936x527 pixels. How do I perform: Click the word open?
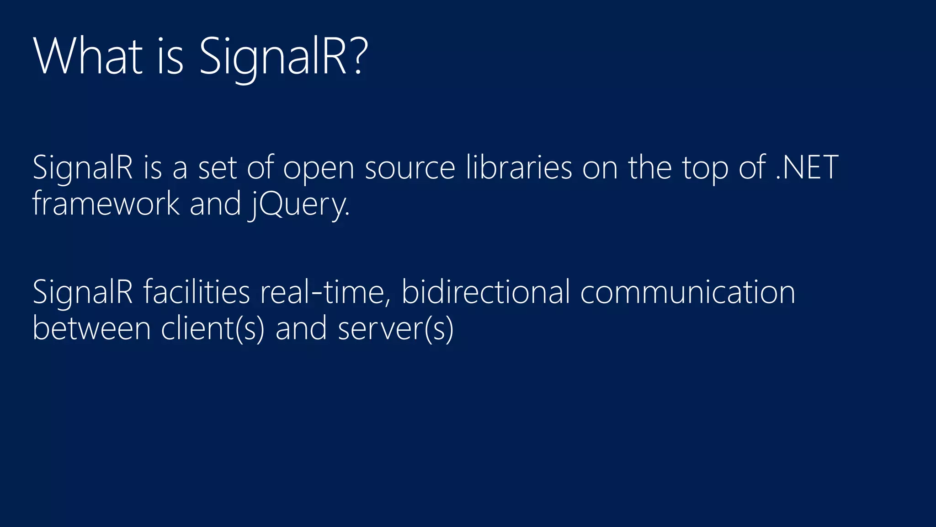pos(319,168)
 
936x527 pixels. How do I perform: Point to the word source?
pos(410,168)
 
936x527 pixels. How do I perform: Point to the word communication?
pos(688,293)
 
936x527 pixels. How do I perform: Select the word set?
pos(218,168)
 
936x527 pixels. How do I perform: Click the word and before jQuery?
pos(215,204)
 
